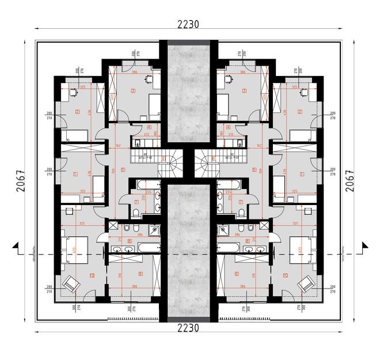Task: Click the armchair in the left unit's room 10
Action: [x=72, y=283]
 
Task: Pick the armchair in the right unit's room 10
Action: [x=306, y=283]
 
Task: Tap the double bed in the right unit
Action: [x=302, y=246]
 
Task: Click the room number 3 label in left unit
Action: [x=133, y=90]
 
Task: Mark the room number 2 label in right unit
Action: [x=300, y=111]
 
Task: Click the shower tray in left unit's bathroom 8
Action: [x=153, y=230]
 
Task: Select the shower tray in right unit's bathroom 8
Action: [x=225, y=230]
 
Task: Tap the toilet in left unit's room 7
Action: [x=135, y=213]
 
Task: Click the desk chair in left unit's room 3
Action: [x=149, y=77]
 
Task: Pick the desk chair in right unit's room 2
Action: [x=305, y=90]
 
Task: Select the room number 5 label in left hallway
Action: [x=123, y=170]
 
